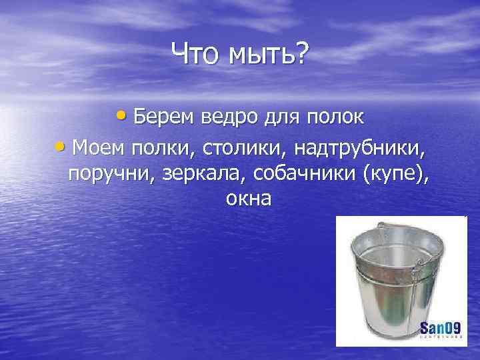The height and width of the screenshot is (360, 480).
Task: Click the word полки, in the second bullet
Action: coord(159,145)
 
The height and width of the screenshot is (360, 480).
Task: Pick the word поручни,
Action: coord(109,173)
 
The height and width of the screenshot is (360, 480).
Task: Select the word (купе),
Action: coord(395,173)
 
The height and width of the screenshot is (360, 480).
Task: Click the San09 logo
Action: coord(441,329)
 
